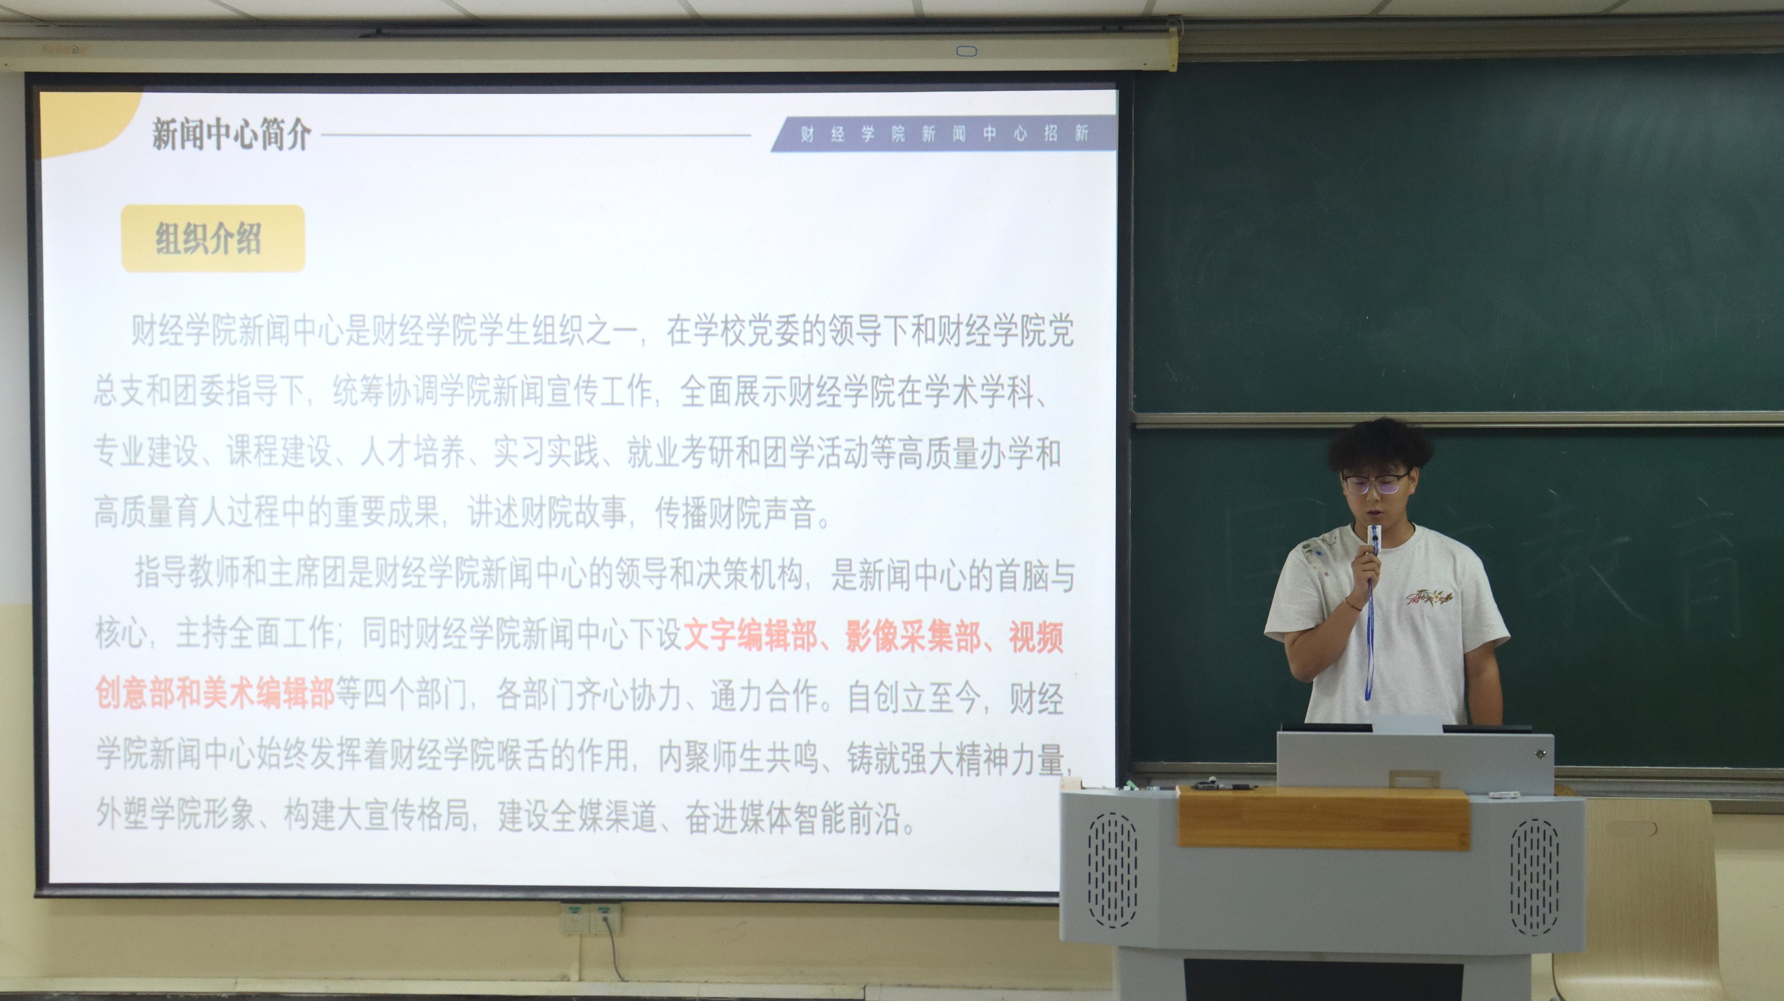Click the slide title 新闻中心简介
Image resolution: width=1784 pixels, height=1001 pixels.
(x=231, y=134)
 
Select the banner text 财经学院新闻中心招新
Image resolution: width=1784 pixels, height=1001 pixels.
(x=945, y=134)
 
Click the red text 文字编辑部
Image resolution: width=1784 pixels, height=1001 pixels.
(x=750, y=636)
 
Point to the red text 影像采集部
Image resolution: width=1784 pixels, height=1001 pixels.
(x=913, y=636)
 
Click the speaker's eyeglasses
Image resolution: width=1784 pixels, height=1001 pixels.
(x=1375, y=482)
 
